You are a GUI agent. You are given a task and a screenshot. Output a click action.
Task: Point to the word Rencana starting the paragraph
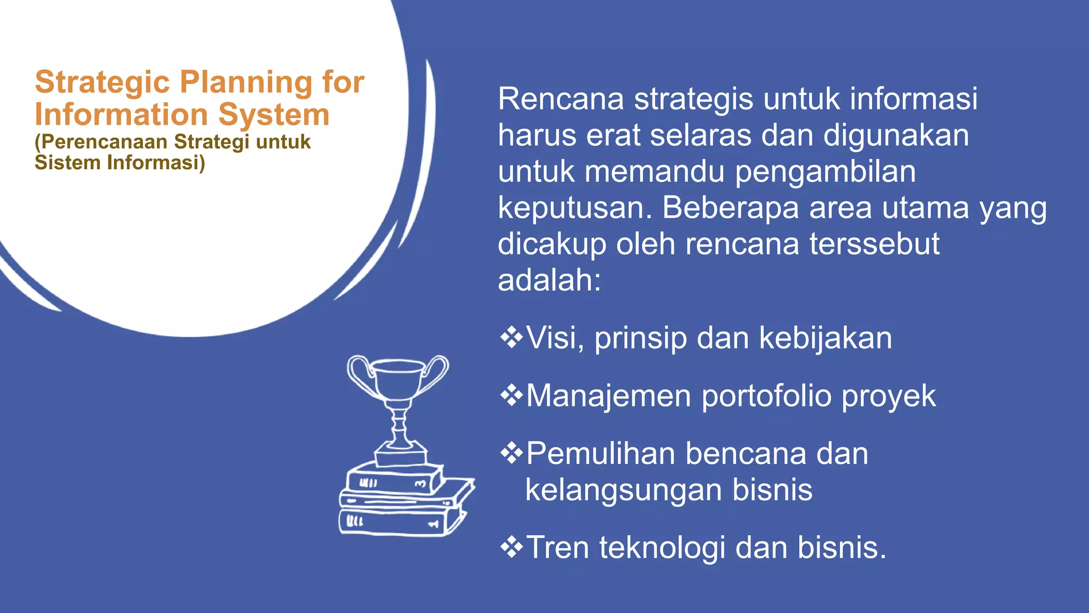click(x=560, y=99)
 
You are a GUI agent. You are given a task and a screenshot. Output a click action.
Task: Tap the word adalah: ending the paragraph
click(x=549, y=280)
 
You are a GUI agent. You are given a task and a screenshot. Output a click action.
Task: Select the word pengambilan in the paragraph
click(x=825, y=172)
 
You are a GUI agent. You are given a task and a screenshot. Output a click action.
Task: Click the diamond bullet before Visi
click(x=511, y=338)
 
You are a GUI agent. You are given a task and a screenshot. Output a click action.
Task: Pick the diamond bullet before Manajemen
click(x=511, y=396)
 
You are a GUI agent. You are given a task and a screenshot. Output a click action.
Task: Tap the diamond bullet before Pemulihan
click(x=511, y=454)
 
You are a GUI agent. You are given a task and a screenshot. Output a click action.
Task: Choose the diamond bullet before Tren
click(x=511, y=548)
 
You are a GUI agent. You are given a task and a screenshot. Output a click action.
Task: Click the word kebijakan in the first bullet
click(x=825, y=338)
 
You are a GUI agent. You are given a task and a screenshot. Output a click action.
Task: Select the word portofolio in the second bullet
click(x=766, y=396)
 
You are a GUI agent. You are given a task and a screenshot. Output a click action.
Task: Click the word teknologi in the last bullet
click(x=662, y=548)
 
